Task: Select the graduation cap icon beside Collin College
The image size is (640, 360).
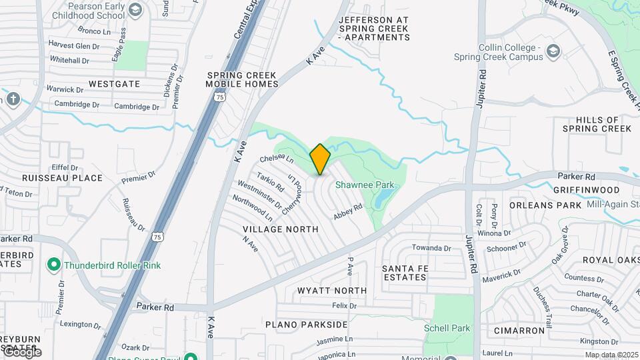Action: point(553,51)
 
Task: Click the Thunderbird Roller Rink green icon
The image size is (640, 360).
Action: point(55,265)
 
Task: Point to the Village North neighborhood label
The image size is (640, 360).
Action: point(281,229)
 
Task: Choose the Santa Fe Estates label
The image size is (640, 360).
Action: point(404,272)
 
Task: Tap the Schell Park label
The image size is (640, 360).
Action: point(447,328)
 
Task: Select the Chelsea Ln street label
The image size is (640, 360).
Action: point(277,159)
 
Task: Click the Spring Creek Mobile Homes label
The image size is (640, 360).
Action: point(242,79)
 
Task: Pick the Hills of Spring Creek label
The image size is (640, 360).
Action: point(596,123)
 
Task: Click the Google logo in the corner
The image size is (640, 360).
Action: point(22,352)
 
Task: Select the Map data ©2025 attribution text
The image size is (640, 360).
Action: point(611,354)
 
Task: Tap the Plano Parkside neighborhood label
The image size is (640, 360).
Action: point(306,325)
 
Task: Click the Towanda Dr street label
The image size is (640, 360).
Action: point(431,248)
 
